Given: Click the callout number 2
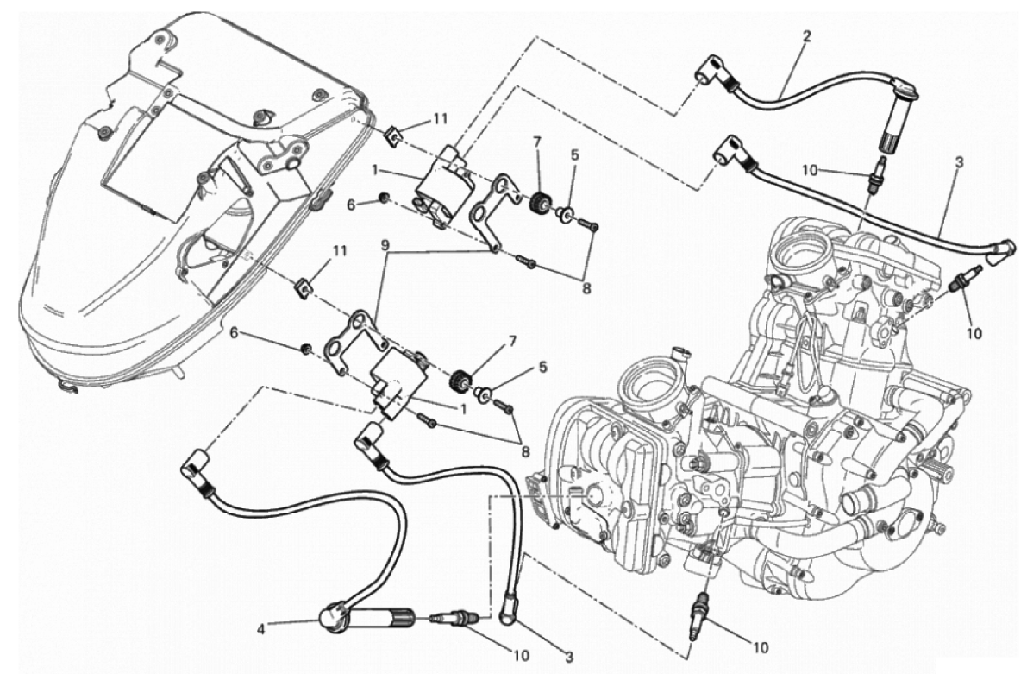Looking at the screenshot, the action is click(x=807, y=37).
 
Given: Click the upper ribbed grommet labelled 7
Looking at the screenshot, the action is click(x=539, y=199).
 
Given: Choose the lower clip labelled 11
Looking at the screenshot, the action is click(x=304, y=286).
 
